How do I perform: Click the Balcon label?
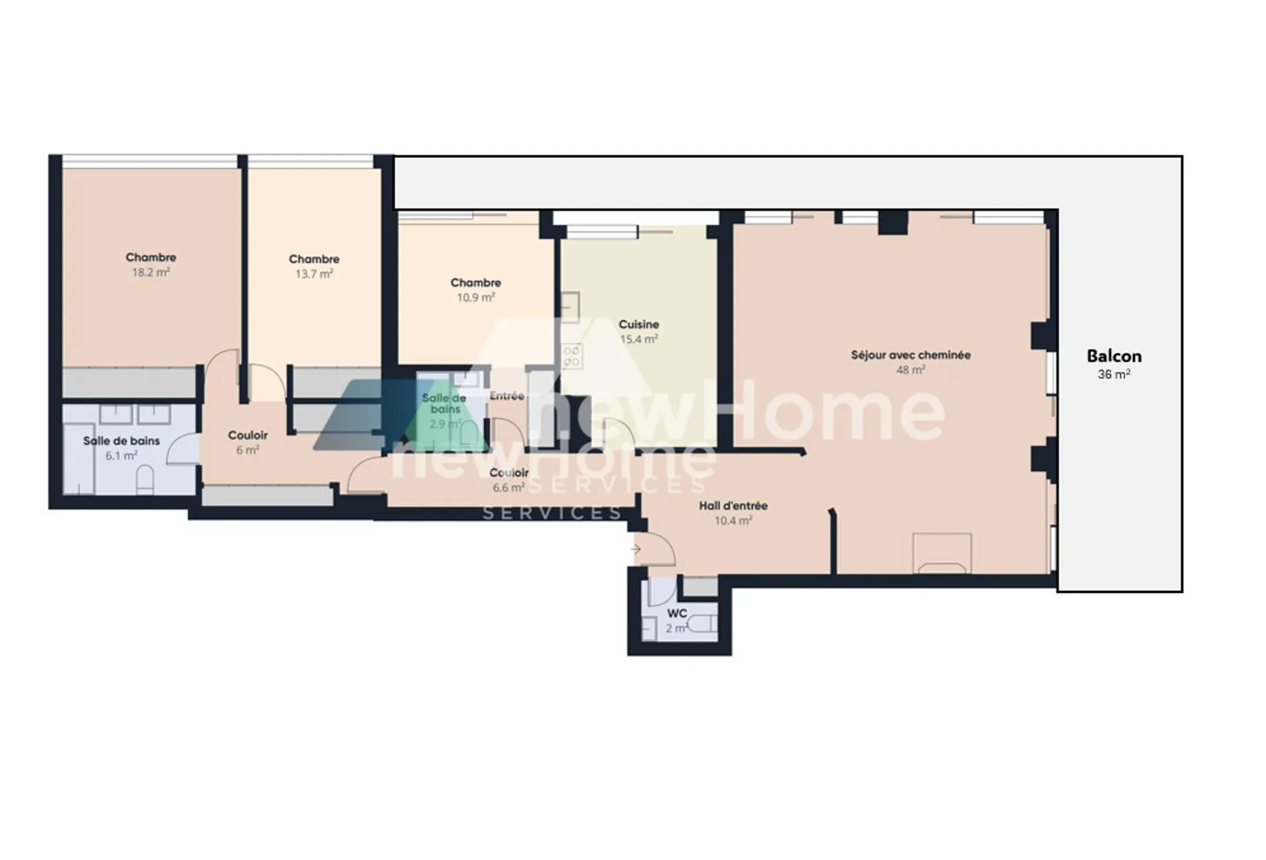(1114, 356)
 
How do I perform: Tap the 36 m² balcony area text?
(1114, 374)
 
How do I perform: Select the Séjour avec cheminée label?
(911, 355)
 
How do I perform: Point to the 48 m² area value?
(911, 370)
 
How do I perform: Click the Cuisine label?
(638, 324)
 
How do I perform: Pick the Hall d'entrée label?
(733, 506)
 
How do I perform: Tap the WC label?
(677, 613)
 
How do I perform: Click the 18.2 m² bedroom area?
(151, 272)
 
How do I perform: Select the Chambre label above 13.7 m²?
(314, 259)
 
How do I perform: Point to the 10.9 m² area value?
(475, 297)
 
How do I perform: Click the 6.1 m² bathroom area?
(121, 456)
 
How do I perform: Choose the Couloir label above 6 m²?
(248, 435)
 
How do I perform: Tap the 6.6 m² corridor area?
(509, 488)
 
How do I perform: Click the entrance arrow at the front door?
(636, 549)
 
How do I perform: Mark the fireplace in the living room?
(942, 553)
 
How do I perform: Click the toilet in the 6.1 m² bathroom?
(145, 480)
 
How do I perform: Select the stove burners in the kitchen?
(571, 356)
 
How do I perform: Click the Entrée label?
(507, 396)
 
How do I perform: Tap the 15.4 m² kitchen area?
(638, 340)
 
